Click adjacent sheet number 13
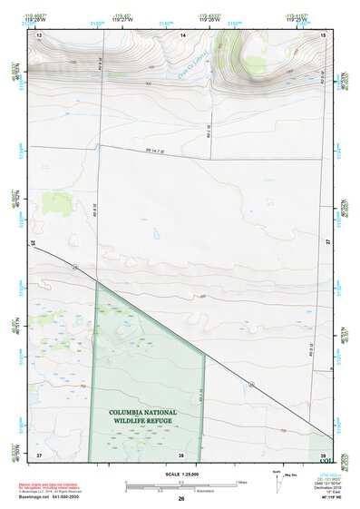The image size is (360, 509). (39, 34)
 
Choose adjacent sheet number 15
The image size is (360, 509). (323, 34)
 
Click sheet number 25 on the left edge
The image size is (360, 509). (34, 243)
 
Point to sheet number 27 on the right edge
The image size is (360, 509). (328, 243)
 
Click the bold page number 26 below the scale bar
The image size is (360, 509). (181, 499)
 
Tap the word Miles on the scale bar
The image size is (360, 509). (241, 482)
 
